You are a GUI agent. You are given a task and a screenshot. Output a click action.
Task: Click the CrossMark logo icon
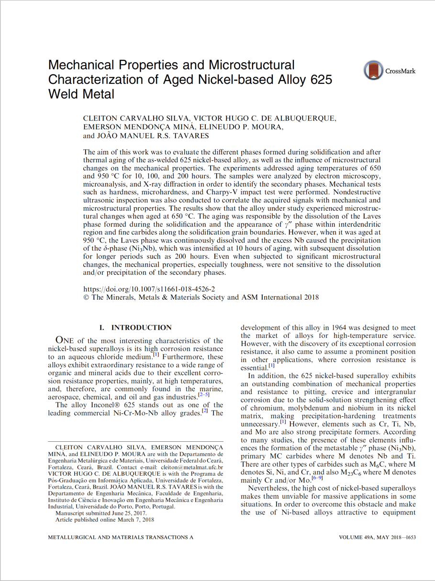click(372, 70)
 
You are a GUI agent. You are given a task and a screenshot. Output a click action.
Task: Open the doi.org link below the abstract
click(149, 289)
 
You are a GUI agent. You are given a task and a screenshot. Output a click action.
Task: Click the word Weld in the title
click(63, 94)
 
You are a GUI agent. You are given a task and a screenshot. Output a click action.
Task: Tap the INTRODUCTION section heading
click(141, 328)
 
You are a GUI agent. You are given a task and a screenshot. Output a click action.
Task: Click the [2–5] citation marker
click(203, 395)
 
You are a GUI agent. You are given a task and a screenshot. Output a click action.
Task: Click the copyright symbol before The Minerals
click(86, 297)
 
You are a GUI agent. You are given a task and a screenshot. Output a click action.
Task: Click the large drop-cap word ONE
click(67, 341)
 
